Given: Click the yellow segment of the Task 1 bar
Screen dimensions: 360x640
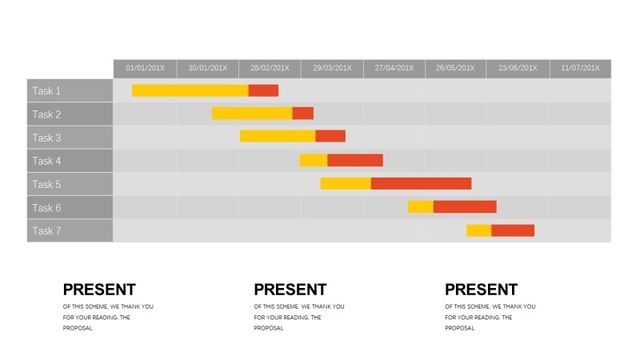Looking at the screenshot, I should [x=190, y=90].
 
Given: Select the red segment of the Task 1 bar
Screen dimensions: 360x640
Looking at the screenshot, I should [x=263, y=90].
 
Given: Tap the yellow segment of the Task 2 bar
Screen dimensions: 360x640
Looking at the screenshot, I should [x=252, y=114].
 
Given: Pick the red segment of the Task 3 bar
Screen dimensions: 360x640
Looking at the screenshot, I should [x=330, y=137].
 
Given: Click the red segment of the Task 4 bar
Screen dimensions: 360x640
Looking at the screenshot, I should [x=355, y=160].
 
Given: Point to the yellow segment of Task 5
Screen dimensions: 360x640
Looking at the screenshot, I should [x=346, y=183].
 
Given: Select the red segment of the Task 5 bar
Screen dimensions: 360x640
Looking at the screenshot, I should [x=421, y=183].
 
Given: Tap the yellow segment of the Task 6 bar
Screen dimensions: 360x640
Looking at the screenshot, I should [x=420, y=206].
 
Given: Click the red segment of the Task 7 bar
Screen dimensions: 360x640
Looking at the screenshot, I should [x=513, y=230].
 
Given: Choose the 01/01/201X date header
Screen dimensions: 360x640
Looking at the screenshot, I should [x=145, y=68].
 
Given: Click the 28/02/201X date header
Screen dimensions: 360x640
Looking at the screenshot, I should [x=270, y=68].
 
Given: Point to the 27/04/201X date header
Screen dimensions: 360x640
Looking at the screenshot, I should [x=394, y=68].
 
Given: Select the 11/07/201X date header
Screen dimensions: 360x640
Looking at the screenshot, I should [x=580, y=68].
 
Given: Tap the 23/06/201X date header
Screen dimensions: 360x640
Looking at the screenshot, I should [x=518, y=68].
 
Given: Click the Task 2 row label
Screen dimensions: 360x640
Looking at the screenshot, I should [x=47, y=114].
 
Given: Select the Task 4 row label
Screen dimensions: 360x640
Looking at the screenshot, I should [x=47, y=161].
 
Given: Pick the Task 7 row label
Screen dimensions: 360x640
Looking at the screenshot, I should [x=47, y=231].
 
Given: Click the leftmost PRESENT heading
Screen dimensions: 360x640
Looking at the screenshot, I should [x=99, y=290].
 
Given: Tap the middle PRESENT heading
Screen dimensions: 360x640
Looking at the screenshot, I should [x=290, y=290].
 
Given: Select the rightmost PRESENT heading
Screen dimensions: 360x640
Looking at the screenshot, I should [x=482, y=290].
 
